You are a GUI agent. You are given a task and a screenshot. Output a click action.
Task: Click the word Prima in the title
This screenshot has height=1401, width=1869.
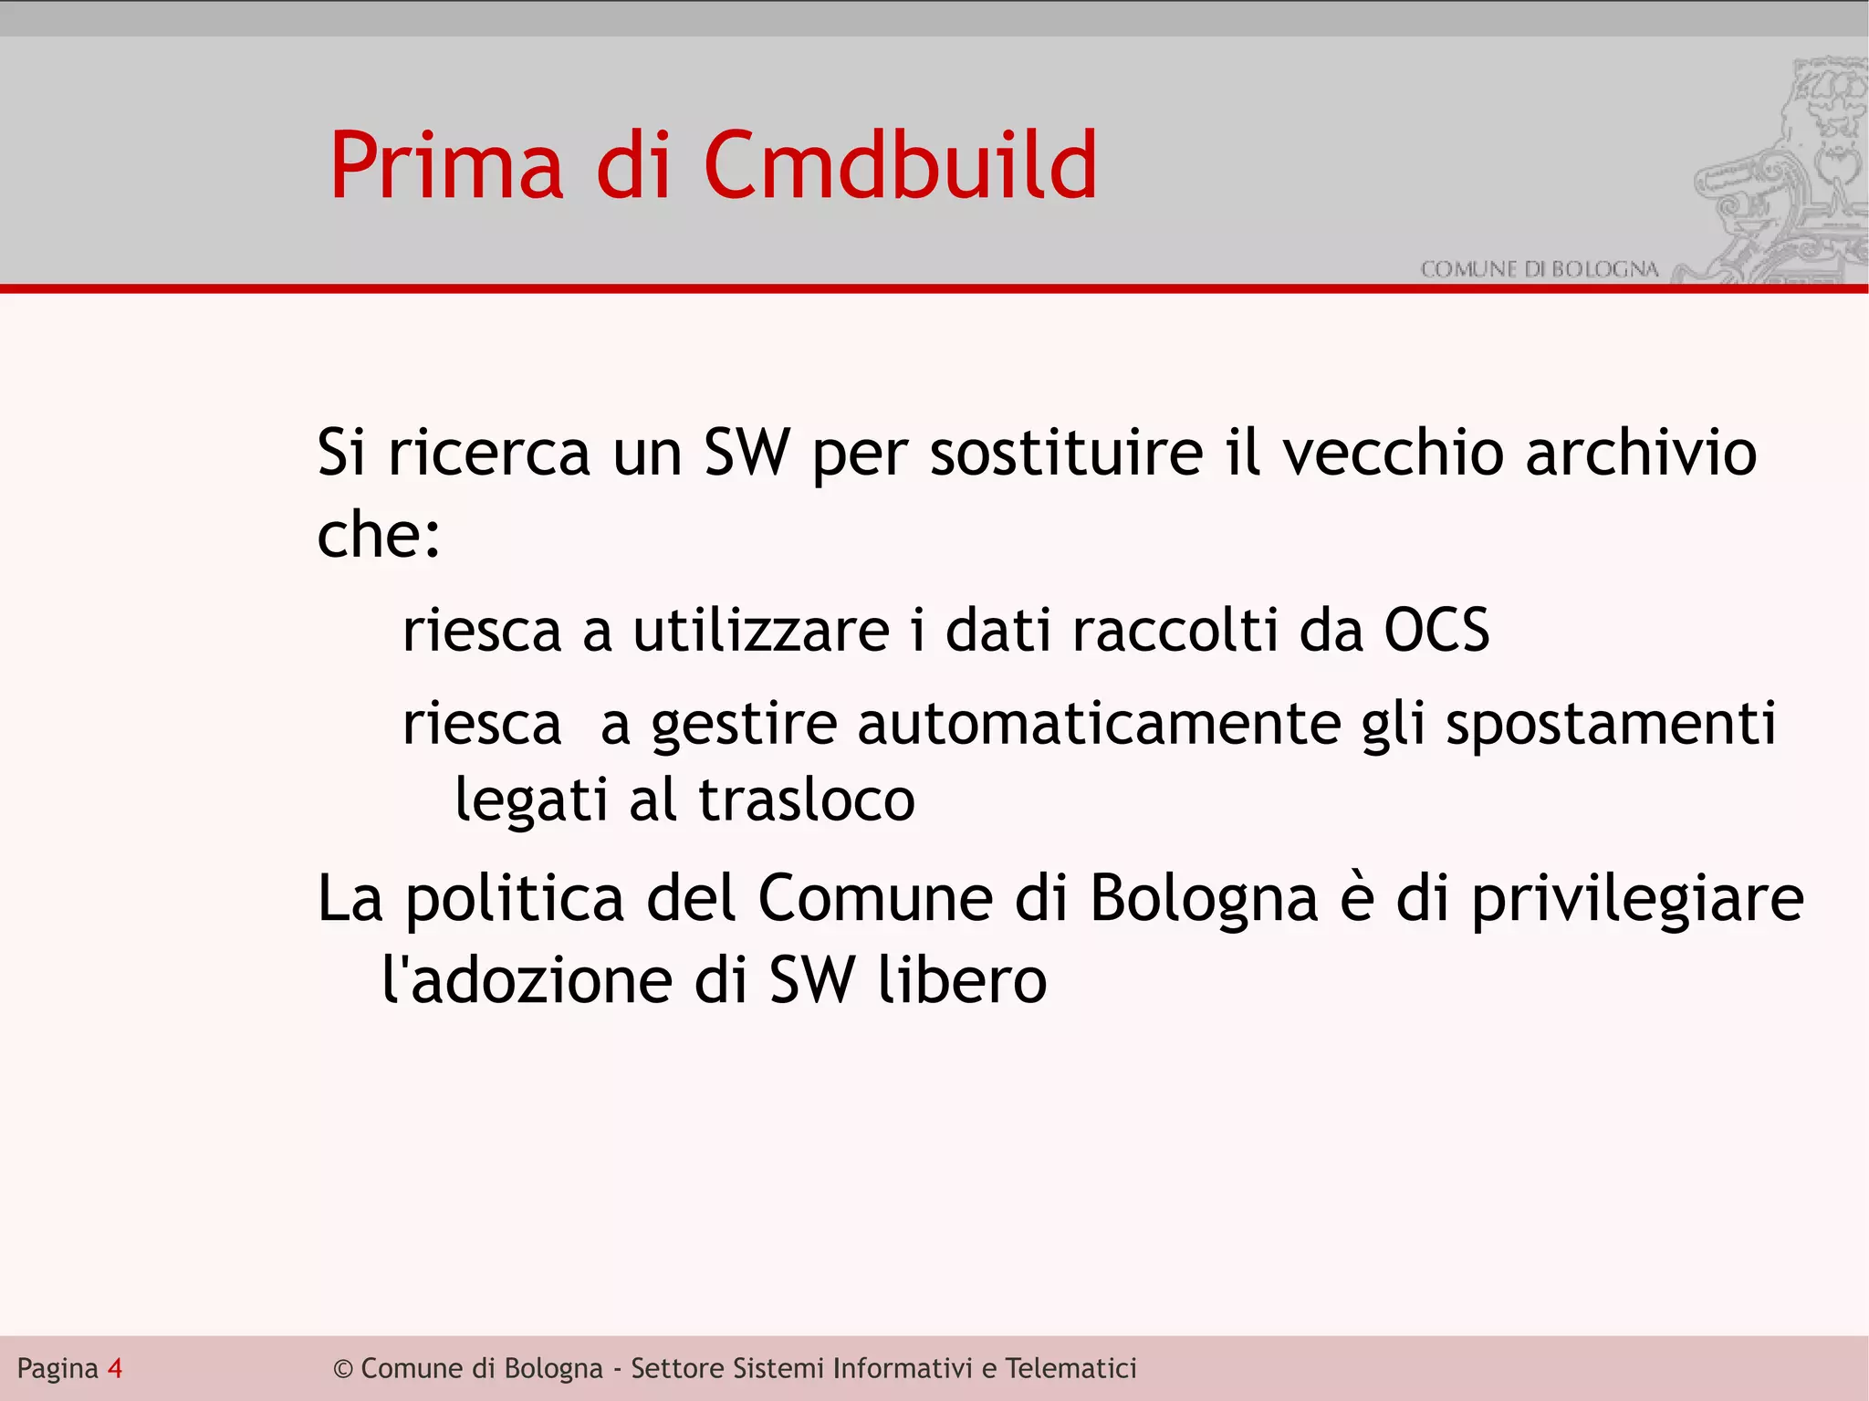coord(446,166)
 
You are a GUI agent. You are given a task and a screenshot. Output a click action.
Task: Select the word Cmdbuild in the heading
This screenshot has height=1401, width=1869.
coord(900,166)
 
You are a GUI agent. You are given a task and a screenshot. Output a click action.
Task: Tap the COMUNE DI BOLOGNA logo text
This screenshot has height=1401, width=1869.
coord(1539,269)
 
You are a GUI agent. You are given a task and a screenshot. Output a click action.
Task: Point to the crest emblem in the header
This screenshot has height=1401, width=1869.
coord(1780,169)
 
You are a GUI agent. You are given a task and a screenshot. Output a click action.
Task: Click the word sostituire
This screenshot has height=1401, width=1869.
coord(1066,453)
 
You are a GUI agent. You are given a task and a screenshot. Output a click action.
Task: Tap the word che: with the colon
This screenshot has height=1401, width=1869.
coord(379,535)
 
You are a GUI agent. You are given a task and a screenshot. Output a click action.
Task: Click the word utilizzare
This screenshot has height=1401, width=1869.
coord(761,631)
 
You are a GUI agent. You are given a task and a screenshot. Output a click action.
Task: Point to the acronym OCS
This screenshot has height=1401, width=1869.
coord(1436,631)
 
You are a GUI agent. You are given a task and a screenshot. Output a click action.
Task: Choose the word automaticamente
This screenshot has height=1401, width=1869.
coord(1099,724)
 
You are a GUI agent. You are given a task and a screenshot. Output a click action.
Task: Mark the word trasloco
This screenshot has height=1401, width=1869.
coord(807,800)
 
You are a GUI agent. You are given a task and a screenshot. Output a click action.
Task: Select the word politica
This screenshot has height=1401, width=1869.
coord(515,900)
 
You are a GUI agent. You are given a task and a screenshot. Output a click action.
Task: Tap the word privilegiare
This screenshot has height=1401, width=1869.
coord(1638,900)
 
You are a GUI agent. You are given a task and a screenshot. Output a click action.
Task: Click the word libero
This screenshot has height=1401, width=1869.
coord(962,980)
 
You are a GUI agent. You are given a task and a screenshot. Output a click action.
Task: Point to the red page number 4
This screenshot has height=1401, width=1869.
coord(115,1368)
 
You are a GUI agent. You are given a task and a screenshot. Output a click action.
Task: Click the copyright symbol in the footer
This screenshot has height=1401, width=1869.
coord(343,1369)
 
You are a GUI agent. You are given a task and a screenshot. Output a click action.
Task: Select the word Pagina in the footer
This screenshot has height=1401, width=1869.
coord(57,1369)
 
